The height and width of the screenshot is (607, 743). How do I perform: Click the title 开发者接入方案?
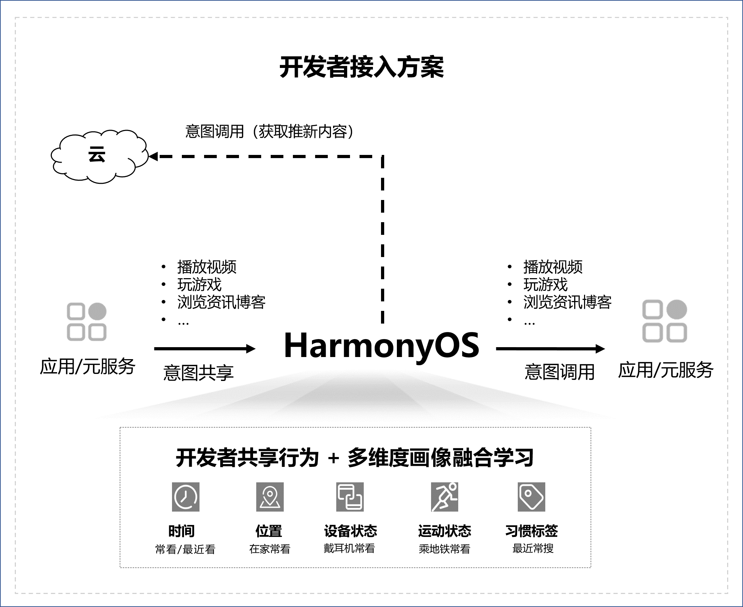(362, 67)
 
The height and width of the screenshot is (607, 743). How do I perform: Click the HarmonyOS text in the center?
(381, 346)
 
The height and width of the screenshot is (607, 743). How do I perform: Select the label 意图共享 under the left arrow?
(198, 373)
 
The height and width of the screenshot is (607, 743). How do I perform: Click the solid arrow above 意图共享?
(204, 349)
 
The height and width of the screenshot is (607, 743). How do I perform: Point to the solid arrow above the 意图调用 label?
(550, 349)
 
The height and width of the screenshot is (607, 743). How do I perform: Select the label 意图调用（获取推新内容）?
(270, 132)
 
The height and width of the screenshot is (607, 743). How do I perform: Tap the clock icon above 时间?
(186, 497)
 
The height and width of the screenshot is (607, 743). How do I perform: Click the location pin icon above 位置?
(270, 497)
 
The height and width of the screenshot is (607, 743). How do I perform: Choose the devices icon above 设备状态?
(350, 497)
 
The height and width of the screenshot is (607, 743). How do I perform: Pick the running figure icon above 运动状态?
(444, 497)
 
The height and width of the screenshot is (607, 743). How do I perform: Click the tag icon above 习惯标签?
(532, 497)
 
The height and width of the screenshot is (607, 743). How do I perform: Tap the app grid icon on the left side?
(87, 322)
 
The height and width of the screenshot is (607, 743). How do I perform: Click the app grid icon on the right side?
(664, 321)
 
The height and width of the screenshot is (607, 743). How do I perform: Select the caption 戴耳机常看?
(349, 548)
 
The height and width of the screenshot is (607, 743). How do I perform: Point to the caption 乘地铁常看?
(444, 549)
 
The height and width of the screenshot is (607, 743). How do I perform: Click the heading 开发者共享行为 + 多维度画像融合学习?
(355, 458)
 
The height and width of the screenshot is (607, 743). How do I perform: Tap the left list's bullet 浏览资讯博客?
(221, 302)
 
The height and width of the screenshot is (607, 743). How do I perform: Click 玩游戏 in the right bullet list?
(545, 284)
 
